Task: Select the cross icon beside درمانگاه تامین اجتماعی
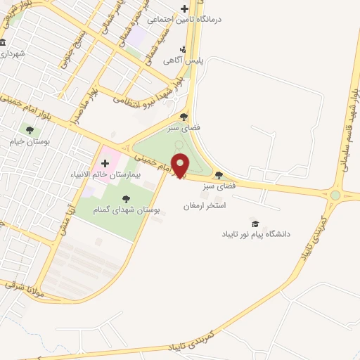[184, 9]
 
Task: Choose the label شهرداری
[13, 53]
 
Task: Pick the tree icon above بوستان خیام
[30, 129]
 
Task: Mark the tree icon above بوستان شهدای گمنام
[126, 199]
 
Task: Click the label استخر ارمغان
[204, 206]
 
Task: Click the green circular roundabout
[335, 195]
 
